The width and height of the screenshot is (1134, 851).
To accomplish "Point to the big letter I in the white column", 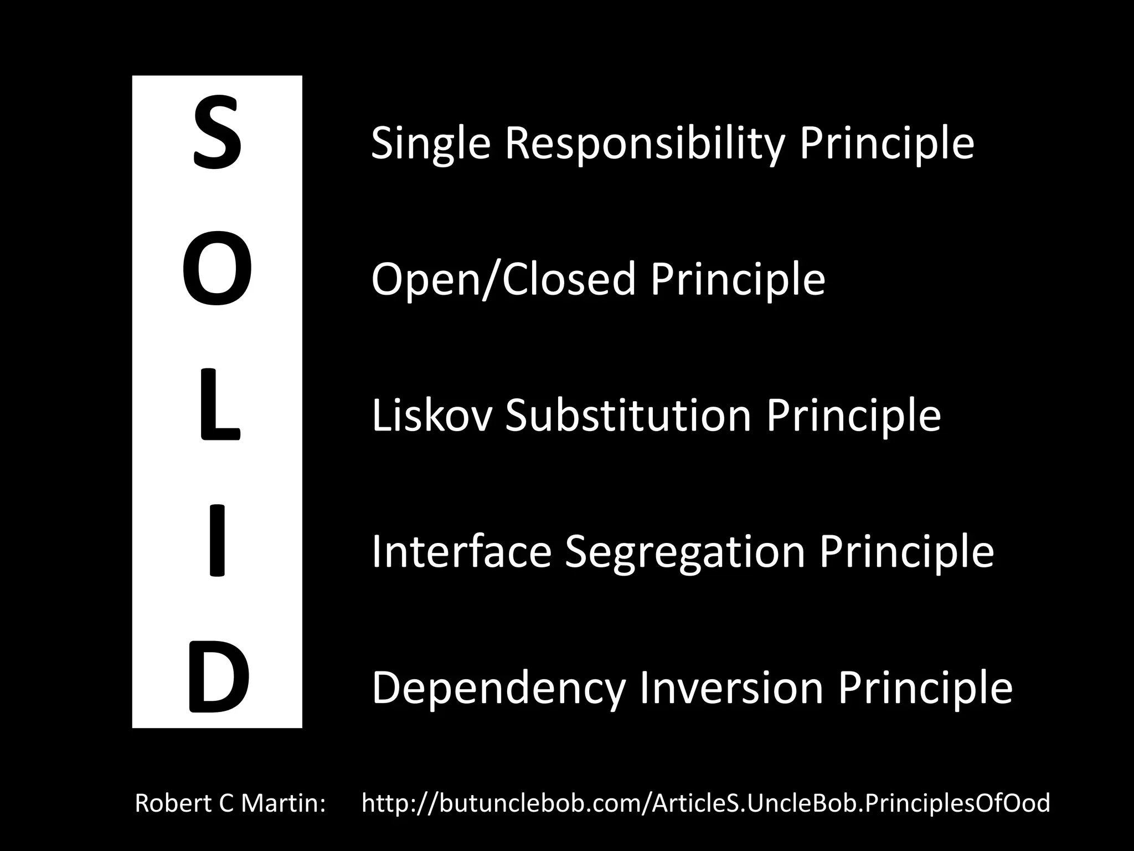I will [x=217, y=540].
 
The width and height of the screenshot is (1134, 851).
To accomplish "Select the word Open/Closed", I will [x=503, y=280].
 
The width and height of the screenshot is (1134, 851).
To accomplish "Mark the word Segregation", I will [x=685, y=553].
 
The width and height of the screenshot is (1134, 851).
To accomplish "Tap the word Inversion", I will [x=731, y=688].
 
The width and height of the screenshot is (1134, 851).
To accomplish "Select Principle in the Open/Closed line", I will [x=738, y=280].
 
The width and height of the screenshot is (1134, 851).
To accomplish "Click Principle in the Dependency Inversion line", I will [x=925, y=688].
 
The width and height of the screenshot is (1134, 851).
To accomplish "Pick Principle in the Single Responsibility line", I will [x=886, y=144].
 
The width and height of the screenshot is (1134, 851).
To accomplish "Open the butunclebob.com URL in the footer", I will [x=705, y=803].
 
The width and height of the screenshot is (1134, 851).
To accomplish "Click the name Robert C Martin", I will [x=230, y=803].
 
